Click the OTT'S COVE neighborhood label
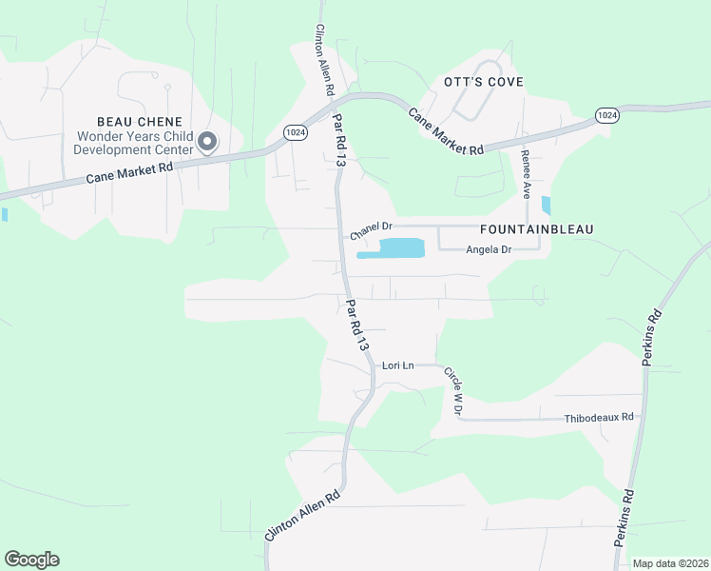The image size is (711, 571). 484,82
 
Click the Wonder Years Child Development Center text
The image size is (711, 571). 135,143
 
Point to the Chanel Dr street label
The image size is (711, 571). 371,228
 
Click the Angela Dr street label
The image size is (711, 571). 489,249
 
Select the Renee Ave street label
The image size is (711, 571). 525,171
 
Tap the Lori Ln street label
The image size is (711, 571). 398,365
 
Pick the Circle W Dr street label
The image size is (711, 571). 453,391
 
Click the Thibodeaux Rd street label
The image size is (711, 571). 599,417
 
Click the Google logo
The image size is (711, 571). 31,560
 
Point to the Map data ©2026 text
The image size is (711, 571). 669,563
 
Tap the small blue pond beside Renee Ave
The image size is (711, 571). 546,205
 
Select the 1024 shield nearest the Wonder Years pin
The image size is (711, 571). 295,133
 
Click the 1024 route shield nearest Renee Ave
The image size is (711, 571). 607,114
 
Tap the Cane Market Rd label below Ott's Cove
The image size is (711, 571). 446,131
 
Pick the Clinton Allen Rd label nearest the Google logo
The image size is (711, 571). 302,518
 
